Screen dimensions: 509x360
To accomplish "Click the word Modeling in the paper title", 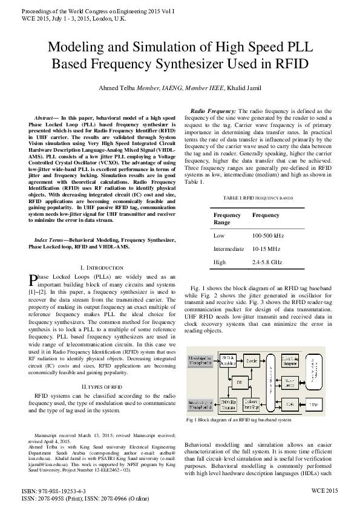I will coord(75,47).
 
